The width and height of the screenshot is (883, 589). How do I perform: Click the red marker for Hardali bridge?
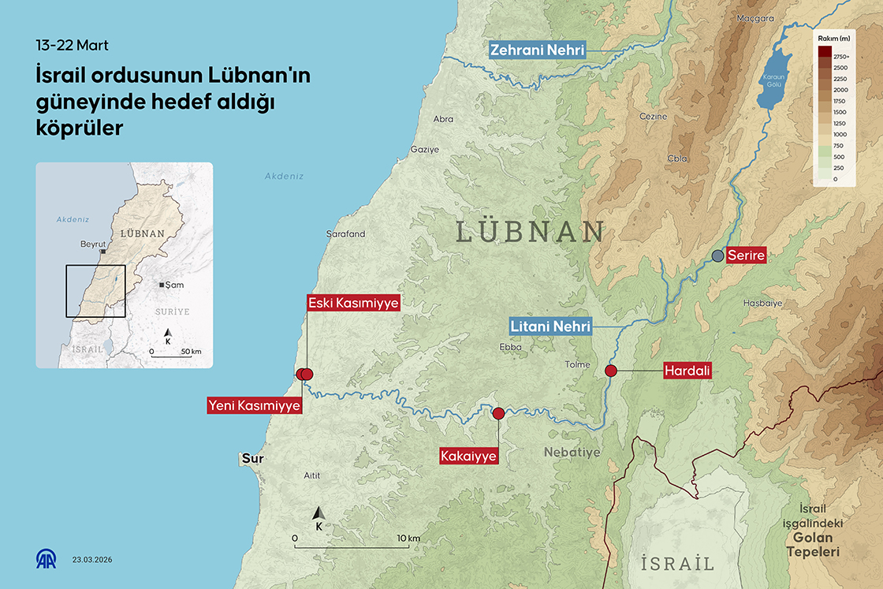610,371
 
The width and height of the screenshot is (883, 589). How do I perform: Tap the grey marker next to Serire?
717,255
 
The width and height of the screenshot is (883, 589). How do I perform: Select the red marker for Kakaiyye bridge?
498,412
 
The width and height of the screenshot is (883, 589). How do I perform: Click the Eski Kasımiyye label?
353,303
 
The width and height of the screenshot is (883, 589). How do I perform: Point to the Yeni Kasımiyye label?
254,405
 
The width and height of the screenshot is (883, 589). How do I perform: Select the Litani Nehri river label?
550,325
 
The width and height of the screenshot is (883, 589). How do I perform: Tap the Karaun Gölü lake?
773,78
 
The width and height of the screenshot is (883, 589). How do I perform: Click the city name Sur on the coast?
252,458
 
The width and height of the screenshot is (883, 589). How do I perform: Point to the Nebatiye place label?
572,452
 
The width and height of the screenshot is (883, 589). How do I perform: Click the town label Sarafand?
345,234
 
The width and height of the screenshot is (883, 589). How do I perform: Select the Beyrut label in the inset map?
93,244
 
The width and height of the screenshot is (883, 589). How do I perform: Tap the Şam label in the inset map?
174,284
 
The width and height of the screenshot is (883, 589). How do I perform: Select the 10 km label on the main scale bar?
409,538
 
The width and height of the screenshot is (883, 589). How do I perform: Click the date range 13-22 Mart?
73,45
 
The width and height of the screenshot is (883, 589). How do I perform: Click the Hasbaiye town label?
762,303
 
